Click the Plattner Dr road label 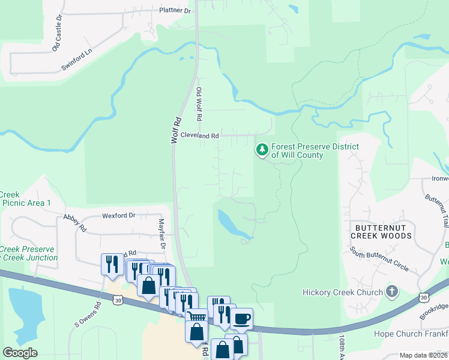pyautogui.click(x=167, y=11)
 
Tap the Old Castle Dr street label pyautogui.click(x=58, y=37)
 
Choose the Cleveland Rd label pyautogui.click(x=199, y=136)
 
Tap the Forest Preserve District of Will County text pyautogui.click(x=315, y=151)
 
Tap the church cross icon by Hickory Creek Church pyautogui.click(x=391, y=292)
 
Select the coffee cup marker pyautogui.click(x=241, y=318)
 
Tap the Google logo pyautogui.click(x=20, y=353)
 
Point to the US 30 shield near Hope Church pyautogui.click(x=424, y=297)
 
